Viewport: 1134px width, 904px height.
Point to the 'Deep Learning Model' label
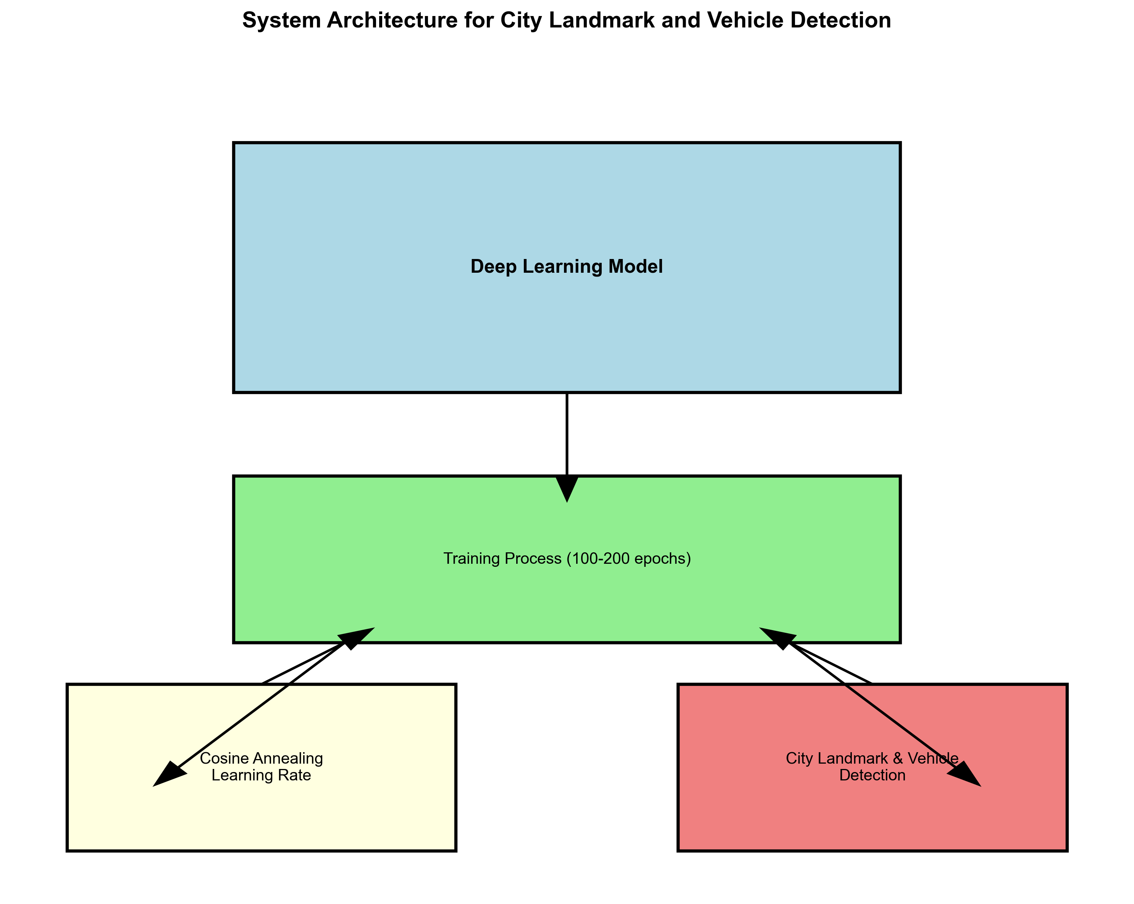click(567, 267)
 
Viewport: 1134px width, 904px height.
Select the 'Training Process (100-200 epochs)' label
click(567, 558)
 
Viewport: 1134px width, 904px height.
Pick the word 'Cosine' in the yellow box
click(224, 758)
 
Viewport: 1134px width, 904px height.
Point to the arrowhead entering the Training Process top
click(567, 489)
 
